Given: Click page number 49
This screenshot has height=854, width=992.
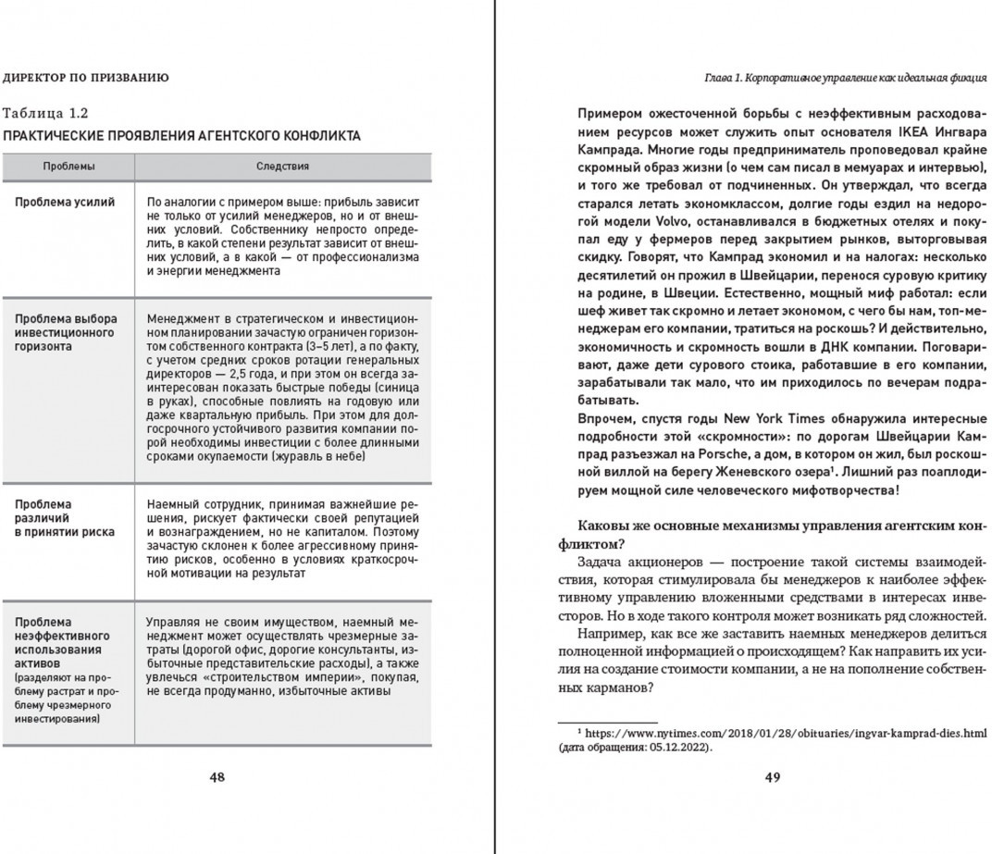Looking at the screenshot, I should click(773, 777).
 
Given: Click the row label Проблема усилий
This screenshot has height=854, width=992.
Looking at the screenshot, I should click(66, 202).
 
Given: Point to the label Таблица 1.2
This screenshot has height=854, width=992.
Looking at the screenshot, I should click(45, 114).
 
